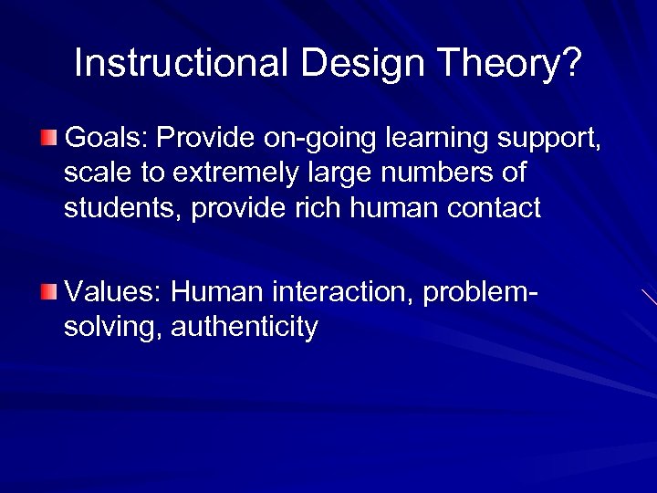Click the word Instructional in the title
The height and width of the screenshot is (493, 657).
[x=181, y=63]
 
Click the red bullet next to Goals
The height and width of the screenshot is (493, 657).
[x=48, y=138]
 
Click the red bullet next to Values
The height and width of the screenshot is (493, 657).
[x=48, y=292]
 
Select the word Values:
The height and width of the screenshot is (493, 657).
[x=114, y=292]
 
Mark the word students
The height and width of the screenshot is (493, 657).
[x=121, y=208]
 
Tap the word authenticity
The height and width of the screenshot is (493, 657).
[x=244, y=328]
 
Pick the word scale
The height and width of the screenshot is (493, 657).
[x=96, y=173]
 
